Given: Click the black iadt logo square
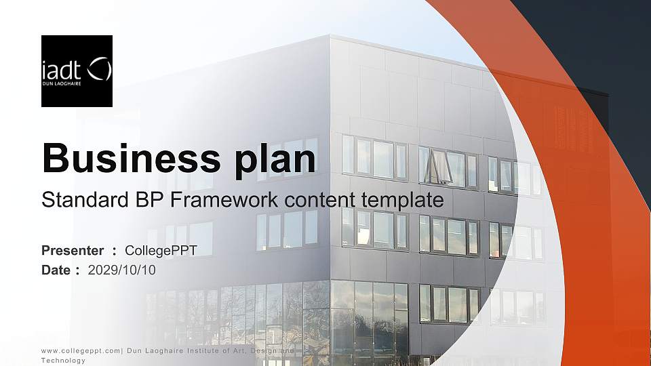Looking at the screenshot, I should (x=77, y=71).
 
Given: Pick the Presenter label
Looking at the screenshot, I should (x=73, y=251).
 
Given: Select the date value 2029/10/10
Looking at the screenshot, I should (x=122, y=270).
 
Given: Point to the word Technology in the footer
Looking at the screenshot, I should (x=64, y=361).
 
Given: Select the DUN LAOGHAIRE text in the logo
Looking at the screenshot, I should (x=62, y=84).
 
